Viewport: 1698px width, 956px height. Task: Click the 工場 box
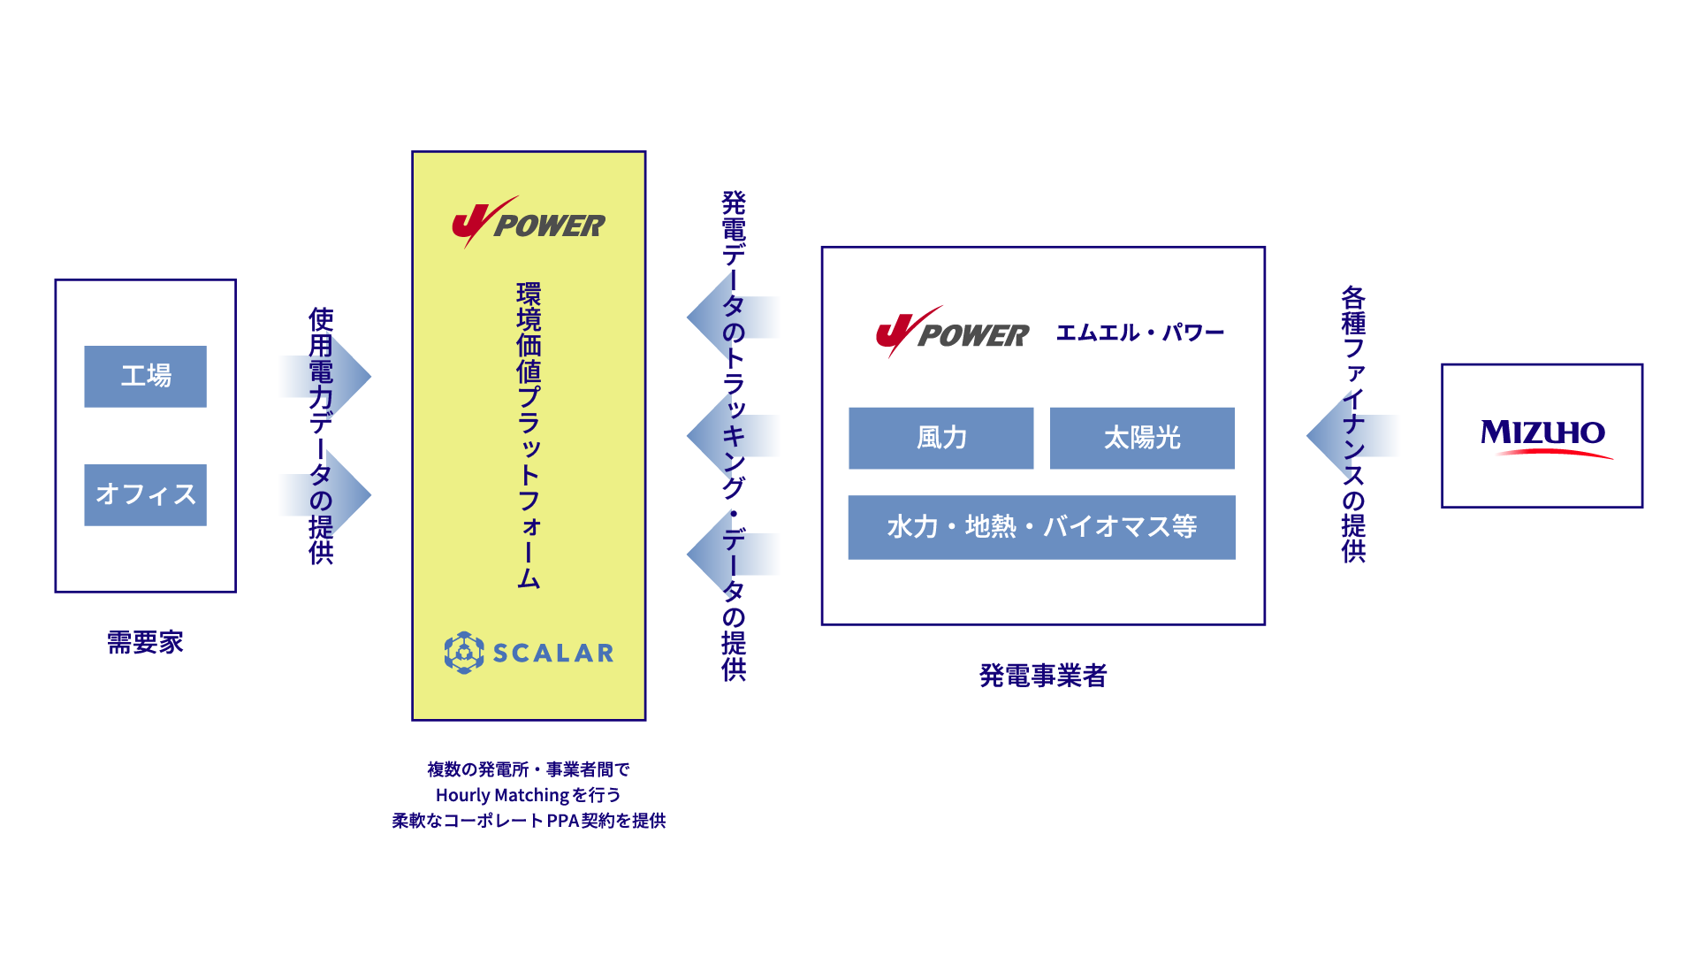(x=146, y=376)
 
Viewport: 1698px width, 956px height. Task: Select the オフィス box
(x=146, y=494)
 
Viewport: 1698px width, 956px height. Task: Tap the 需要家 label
(x=145, y=642)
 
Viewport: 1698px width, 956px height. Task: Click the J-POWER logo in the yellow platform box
(x=529, y=223)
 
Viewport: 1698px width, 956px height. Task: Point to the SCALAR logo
(x=529, y=653)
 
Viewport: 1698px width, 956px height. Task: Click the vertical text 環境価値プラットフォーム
(x=529, y=435)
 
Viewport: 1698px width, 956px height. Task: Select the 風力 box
(x=940, y=438)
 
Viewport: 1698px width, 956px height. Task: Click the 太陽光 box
(x=1142, y=438)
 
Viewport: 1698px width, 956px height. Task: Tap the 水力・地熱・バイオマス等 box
(x=1041, y=527)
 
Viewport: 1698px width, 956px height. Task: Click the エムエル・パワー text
(x=1140, y=333)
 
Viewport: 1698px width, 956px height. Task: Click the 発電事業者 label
(x=1043, y=676)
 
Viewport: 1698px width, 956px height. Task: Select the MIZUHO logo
(x=1542, y=436)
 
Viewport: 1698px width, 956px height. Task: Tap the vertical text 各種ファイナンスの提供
(x=1353, y=424)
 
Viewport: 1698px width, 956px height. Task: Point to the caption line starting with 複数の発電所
(x=529, y=769)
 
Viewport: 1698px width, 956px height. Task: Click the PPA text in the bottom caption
(x=563, y=821)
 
